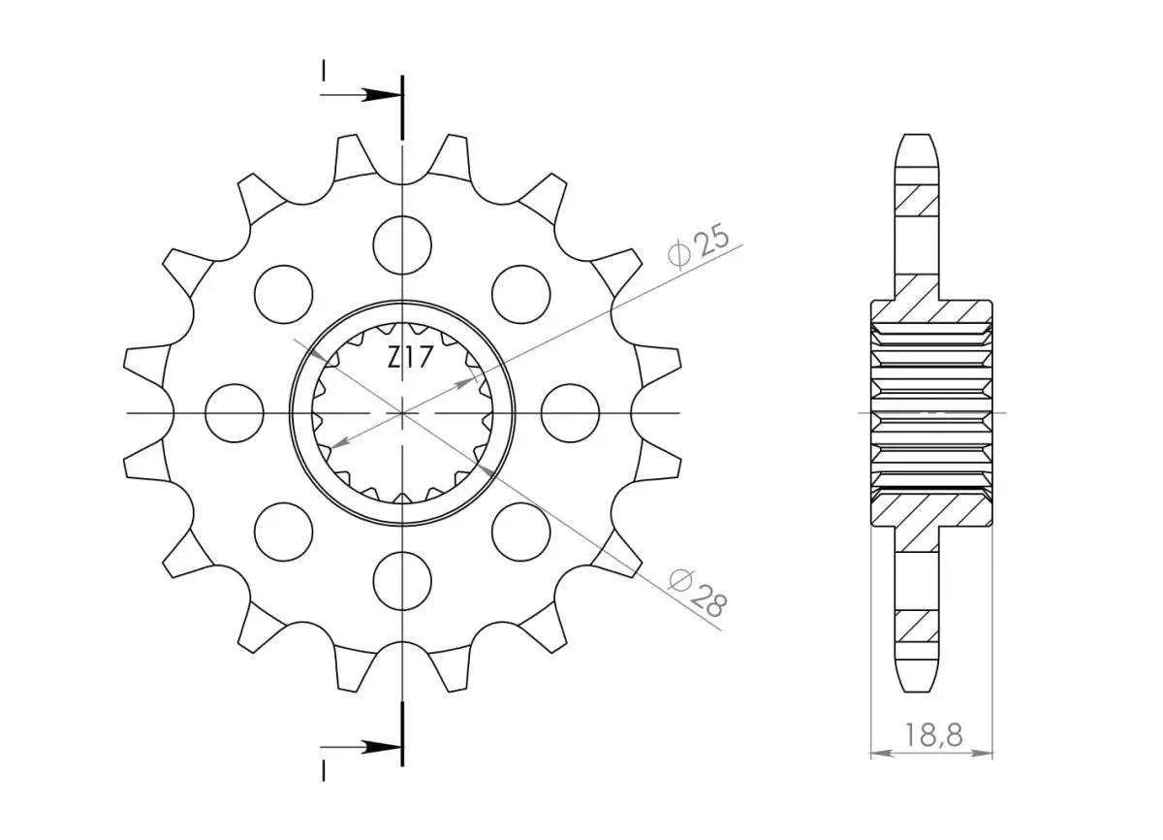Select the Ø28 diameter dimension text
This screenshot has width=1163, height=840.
(x=698, y=593)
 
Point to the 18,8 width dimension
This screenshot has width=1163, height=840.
(x=932, y=736)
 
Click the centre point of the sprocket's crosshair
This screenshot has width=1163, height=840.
(x=401, y=412)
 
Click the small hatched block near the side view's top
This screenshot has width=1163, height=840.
(x=918, y=200)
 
